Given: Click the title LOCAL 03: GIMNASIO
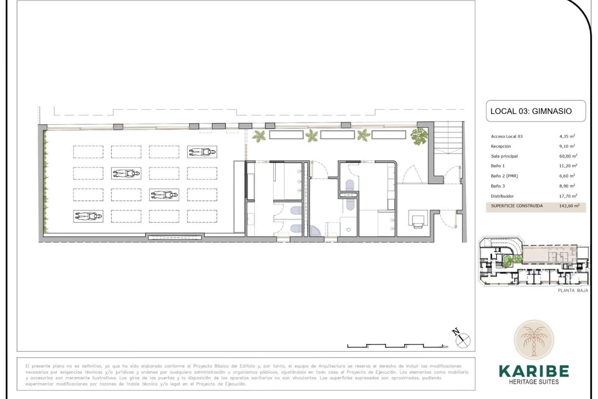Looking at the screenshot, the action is (531, 111).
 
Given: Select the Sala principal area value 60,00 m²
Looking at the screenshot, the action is (568, 156).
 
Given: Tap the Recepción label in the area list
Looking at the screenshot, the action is (501, 146).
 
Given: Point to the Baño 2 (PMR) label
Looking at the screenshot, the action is (504, 176).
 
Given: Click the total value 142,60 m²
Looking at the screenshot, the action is (569, 206).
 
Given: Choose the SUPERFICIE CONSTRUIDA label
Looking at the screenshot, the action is (517, 206).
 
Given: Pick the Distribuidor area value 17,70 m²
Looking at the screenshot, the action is (568, 196).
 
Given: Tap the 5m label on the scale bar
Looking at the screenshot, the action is (445, 347).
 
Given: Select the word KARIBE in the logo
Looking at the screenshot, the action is (534, 371).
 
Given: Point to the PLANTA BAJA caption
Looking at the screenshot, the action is (573, 291).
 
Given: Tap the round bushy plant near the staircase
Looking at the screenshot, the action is (419, 137).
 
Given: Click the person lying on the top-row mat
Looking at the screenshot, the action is (202, 152).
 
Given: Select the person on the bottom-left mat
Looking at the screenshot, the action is (88, 216).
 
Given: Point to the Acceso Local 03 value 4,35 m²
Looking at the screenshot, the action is (567, 136).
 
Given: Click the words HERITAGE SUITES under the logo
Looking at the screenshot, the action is (534, 382).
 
